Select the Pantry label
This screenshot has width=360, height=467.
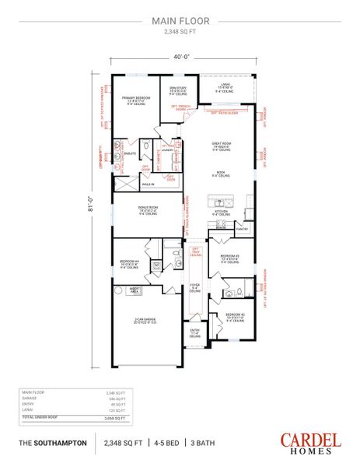[x=242, y=230]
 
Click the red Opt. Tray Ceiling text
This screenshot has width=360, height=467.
[x=194, y=250]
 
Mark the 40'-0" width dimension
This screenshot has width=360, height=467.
[x=180, y=56]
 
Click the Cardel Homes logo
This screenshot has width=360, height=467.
[x=309, y=442]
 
